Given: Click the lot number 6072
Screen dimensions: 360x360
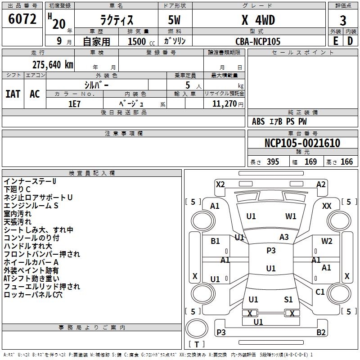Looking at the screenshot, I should tap(22, 19).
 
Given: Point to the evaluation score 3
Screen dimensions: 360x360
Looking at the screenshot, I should tap(343, 21).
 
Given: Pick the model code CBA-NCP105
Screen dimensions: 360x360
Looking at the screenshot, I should tap(258, 41).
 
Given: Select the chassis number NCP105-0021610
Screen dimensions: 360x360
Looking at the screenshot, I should tap(302, 143).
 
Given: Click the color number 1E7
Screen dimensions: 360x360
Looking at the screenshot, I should tap(74, 103).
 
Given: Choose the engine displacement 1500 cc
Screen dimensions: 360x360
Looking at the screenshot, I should tap(137, 41).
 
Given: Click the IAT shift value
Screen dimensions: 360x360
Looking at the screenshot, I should tap(13, 94).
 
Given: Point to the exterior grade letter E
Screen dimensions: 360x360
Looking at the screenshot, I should tap(335, 41).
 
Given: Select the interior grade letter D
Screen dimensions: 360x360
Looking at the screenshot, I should tap(350, 41).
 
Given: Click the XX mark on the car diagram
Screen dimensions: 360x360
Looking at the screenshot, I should tap(327, 206).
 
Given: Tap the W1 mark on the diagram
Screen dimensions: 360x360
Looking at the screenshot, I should tap(291, 216).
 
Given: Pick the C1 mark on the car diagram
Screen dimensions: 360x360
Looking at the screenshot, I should tap(320, 292).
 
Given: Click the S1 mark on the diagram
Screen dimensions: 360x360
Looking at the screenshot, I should tap(288, 300).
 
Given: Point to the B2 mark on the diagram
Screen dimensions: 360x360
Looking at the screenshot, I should tap(321, 333).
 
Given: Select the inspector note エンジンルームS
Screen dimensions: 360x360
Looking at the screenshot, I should tap(31, 206).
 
